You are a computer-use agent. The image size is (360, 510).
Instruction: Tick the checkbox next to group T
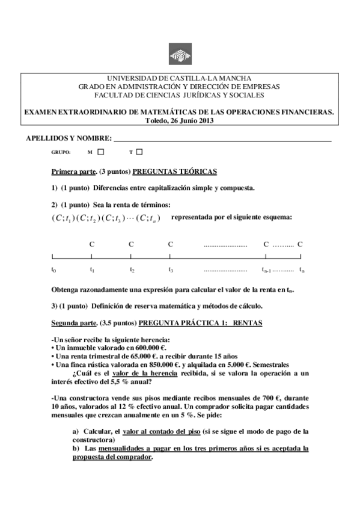pyautogui.click(x=139, y=152)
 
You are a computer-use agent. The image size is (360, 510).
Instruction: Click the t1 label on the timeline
pyautogui.click(x=92, y=269)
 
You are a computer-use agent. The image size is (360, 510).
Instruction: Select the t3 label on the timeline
pyautogui.click(x=171, y=269)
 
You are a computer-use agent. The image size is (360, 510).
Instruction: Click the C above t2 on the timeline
pyautogui.click(x=131, y=244)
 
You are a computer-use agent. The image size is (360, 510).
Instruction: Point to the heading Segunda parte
pyautogui.click(x=75, y=323)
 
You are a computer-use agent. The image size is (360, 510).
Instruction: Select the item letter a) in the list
pyautogui.click(x=75, y=431)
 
